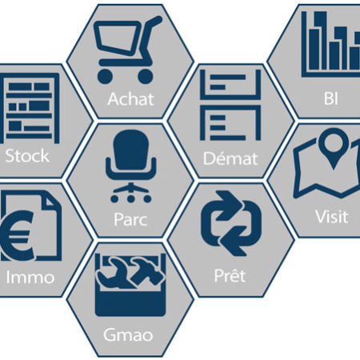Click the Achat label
point(130,99)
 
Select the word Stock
point(27,156)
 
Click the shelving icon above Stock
point(30,108)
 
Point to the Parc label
point(130,219)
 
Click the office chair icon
point(130,166)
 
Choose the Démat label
point(230,158)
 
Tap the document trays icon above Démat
point(230,105)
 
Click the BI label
point(331,98)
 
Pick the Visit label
point(332,217)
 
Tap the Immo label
point(30,278)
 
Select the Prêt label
point(230,275)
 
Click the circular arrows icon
point(231,223)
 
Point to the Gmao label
point(128,335)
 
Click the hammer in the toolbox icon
point(146,270)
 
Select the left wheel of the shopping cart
point(105,77)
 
